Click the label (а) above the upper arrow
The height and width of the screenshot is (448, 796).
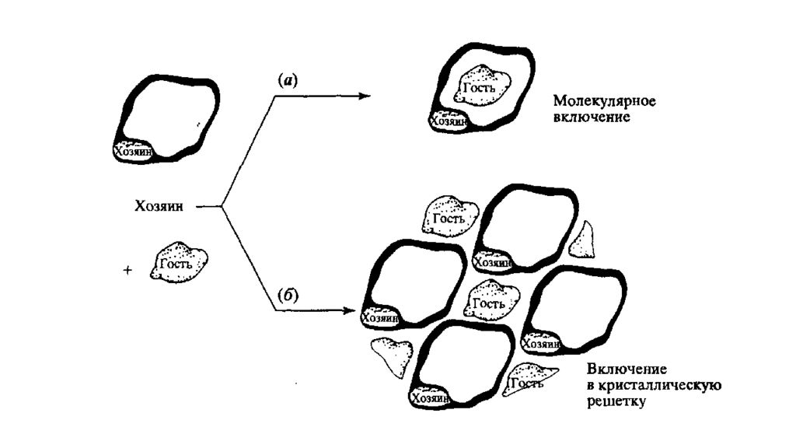point(288,80)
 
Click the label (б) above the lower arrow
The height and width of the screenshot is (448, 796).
point(288,295)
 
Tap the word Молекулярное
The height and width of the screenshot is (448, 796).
point(604,101)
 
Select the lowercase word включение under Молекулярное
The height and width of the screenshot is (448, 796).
point(592,117)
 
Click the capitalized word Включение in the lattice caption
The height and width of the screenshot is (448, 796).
point(627,368)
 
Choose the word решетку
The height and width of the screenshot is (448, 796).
point(616,401)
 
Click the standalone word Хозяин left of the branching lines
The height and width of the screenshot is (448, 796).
point(159,207)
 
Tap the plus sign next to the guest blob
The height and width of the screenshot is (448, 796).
point(127,270)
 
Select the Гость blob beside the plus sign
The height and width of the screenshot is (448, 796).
point(178,262)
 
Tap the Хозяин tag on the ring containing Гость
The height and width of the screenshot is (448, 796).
point(448,121)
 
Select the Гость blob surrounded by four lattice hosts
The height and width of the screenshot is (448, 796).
point(491,301)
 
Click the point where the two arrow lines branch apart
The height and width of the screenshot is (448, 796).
point(222,207)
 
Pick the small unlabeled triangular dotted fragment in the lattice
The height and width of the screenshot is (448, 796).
point(581,240)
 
